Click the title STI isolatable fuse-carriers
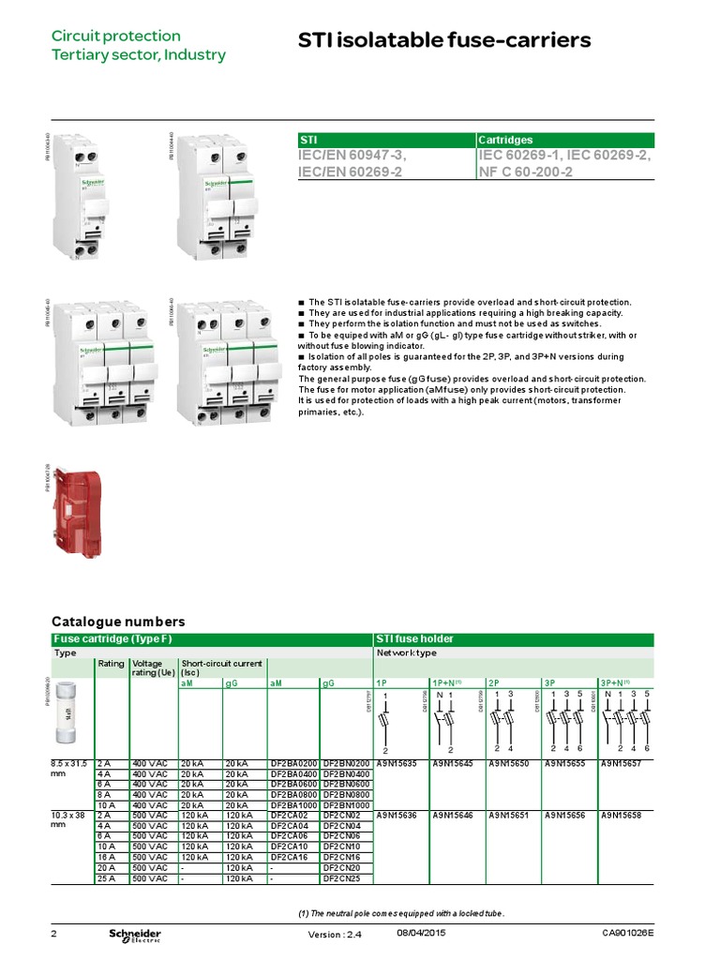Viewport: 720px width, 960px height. point(444,40)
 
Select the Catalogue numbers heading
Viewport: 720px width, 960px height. point(118,622)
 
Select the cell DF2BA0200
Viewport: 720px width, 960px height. point(293,764)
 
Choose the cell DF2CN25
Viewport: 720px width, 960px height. point(342,877)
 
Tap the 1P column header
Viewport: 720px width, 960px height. point(382,682)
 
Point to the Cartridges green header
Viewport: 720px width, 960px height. point(506,140)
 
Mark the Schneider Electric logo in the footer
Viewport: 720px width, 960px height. point(135,936)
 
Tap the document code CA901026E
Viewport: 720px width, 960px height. point(628,933)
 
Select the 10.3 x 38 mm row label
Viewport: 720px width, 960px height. point(69,820)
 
